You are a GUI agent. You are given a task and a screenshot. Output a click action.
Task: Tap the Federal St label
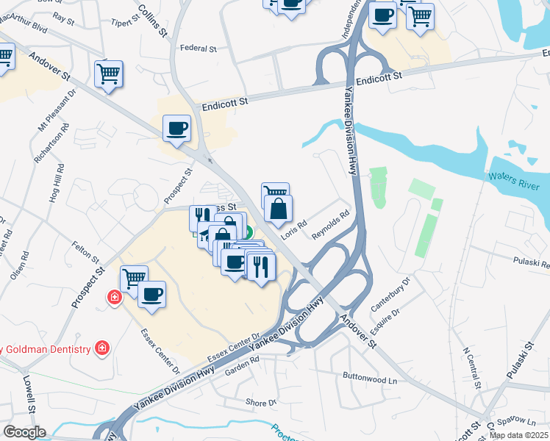click(x=199, y=49)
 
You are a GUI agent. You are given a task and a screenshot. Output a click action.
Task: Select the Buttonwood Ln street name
click(x=369, y=378)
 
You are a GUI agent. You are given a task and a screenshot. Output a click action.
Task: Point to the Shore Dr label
click(x=261, y=403)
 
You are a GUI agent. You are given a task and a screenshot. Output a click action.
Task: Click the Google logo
click(x=24, y=432)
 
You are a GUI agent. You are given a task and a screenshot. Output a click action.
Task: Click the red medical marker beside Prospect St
click(x=115, y=298)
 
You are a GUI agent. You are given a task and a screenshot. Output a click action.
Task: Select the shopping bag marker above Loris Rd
click(x=279, y=211)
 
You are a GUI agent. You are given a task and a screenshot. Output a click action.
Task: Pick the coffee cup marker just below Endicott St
click(x=176, y=130)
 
